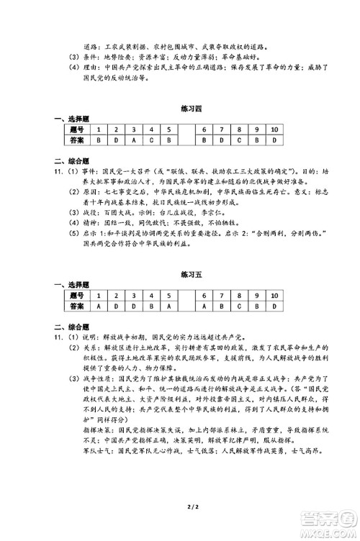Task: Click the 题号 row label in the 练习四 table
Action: pyautogui.click(x=77, y=129)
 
